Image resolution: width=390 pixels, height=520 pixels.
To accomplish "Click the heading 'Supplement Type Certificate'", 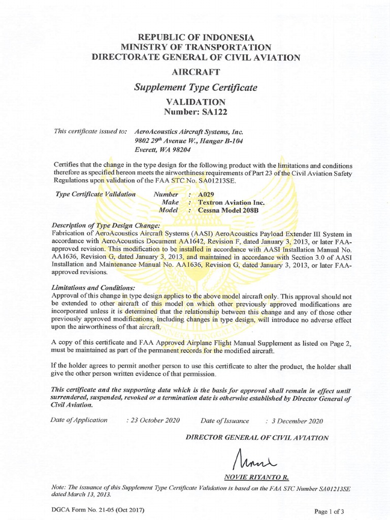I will pos(196,87).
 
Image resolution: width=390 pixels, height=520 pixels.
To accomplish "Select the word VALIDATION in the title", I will pos(196,102).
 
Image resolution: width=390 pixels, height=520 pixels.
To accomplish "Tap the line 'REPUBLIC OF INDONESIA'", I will pos(196,38).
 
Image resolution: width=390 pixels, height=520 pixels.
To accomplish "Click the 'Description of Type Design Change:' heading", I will pos(106,225).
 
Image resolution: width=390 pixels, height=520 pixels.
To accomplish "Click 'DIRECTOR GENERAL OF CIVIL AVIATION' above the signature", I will pos(257,437).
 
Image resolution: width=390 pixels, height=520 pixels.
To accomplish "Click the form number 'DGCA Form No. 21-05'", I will pos(81,509).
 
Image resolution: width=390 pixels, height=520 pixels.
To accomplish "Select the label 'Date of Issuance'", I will pos(225,420).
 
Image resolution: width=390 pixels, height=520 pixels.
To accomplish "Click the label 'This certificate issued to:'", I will pos(83,131).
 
